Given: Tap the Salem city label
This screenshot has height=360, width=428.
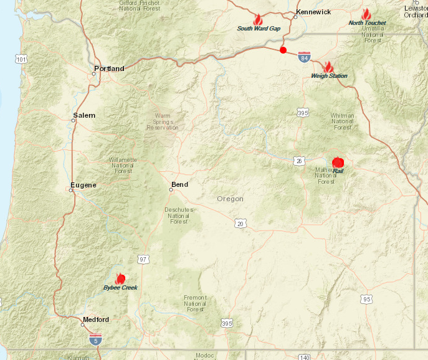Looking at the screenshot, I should click(84, 115).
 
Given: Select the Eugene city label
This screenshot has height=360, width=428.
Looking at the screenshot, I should click(83, 185).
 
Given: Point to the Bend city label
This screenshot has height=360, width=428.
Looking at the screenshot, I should click(179, 184).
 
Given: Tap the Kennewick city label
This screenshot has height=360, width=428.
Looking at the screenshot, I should click(313, 12).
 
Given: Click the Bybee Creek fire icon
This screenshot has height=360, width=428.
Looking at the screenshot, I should click(120, 279).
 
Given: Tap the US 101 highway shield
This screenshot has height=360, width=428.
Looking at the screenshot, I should click(22, 59).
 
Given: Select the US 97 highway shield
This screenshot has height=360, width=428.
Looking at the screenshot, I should click(143, 259).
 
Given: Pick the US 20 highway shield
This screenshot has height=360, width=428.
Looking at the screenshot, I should click(240, 223).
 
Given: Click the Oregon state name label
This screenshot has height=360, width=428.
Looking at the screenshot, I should click(230, 199).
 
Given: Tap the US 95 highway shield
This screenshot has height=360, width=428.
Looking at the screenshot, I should click(366, 300).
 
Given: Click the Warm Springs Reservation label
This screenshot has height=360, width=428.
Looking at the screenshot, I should click(163, 121).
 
